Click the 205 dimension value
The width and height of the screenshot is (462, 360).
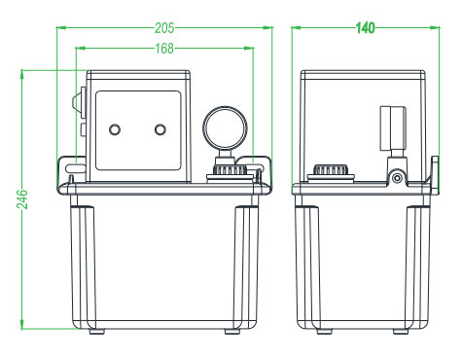pyautogui.click(x=164, y=28)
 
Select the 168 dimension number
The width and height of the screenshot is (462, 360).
pyautogui.click(x=164, y=49)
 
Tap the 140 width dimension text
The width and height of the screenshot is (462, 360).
pyautogui.click(x=366, y=28)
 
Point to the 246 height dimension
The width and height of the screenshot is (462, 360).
pyautogui.click(x=22, y=199)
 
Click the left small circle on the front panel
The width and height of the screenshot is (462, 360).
pyautogui.click(x=115, y=129)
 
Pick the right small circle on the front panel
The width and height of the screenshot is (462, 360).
pyautogui.click(x=160, y=129)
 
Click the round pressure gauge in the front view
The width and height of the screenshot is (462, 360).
pyautogui.click(x=225, y=128)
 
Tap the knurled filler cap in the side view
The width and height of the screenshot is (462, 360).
pyautogui.click(x=331, y=170)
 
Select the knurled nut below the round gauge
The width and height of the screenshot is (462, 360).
pyautogui.click(x=230, y=170)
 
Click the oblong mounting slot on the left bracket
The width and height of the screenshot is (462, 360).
pyautogui.click(x=75, y=168)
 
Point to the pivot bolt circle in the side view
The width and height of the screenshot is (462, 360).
pyautogui.click(x=397, y=178)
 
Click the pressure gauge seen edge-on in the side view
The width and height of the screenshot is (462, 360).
pyautogui.click(x=393, y=128)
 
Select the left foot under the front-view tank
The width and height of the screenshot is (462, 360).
pyautogui.click(x=96, y=332)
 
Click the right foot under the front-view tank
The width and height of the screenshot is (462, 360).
pyautogui.click(x=232, y=332)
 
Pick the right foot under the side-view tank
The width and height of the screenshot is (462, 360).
pyautogui.click(x=401, y=332)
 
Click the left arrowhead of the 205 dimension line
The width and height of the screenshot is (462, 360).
pyautogui.click(x=61, y=28)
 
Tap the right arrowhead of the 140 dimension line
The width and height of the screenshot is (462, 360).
pyautogui.click(x=435, y=28)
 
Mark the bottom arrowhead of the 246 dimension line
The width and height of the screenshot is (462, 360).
pyautogui.click(x=22, y=324)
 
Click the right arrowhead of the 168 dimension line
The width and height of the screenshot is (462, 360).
pyautogui.click(x=249, y=49)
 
